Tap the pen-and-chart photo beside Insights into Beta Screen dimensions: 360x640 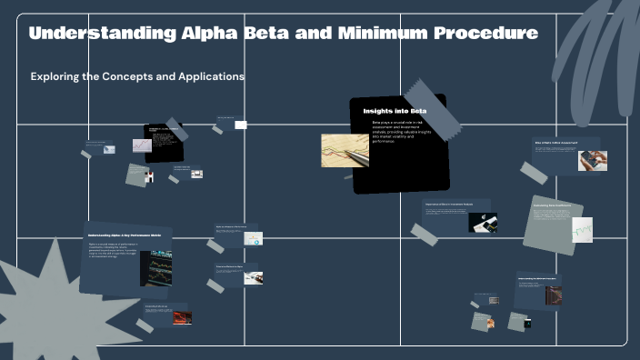click(345, 151)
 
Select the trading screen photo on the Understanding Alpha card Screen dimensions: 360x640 click(155, 268)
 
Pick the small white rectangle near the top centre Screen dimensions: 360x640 click(241, 125)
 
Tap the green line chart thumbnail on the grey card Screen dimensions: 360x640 click(582, 229)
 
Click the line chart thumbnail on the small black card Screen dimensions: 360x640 click(143, 145)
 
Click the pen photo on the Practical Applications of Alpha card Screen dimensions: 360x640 click(252, 276)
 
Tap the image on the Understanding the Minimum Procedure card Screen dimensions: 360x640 click(553, 295)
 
